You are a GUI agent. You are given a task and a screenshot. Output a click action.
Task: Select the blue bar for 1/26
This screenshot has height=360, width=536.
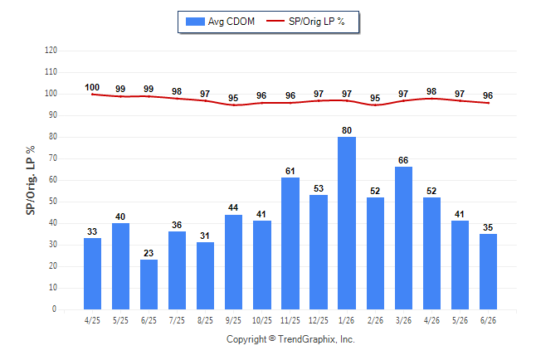[347, 223]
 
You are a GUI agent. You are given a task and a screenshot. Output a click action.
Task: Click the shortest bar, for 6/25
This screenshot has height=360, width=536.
[149, 285]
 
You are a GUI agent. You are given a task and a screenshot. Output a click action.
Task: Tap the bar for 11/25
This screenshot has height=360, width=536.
[290, 243]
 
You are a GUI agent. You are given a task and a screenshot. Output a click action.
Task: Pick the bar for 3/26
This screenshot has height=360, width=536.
[403, 238]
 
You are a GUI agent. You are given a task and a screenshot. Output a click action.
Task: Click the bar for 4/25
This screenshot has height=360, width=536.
[92, 274]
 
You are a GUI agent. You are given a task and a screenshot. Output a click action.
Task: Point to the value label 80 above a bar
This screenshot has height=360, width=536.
[347, 130]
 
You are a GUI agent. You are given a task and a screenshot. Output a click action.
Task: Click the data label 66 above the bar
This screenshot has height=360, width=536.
[403, 160]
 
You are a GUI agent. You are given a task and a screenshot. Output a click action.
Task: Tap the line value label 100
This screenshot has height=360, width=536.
[92, 87]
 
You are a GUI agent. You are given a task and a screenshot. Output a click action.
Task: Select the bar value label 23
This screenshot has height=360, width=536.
[149, 253]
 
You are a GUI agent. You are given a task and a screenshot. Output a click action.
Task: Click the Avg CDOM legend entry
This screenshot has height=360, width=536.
[220, 22]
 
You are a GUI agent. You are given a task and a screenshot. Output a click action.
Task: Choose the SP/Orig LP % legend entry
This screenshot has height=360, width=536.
[305, 22]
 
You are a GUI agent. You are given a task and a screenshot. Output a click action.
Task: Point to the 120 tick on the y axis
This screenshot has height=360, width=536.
[51, 51]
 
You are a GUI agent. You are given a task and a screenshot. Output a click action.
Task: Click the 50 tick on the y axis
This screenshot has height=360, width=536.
[53, 201]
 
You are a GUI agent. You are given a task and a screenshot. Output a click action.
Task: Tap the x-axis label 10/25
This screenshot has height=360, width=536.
[262, 320]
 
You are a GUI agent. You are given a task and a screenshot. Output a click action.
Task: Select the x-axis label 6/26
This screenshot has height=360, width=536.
[488, 320]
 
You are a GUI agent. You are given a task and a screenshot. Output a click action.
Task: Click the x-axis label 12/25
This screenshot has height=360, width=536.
[319, 320]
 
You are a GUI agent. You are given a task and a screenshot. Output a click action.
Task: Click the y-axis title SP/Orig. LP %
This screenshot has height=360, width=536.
[31, 180]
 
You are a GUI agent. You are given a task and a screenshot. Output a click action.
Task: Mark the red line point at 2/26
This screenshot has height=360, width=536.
[375, 105]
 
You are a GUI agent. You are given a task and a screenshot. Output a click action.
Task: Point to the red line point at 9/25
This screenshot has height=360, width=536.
[234, 105]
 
